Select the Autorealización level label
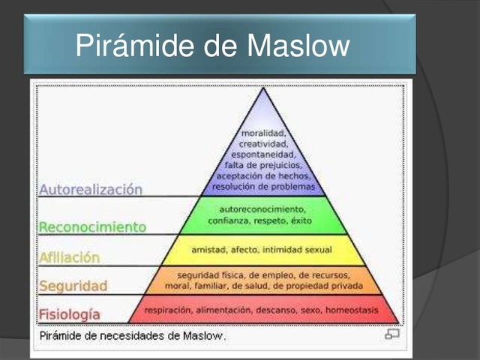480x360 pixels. coord(91,190)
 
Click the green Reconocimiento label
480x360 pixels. coord(92,226)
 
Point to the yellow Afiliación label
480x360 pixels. coord(69,257)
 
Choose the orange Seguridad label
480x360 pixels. coord(73,286)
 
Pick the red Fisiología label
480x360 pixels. coord(69,314)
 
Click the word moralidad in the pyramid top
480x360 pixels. coord(262,133)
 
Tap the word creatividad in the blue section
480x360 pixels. coord(262,143)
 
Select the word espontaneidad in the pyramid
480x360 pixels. coord(262,154)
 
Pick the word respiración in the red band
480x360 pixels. coord(168,309)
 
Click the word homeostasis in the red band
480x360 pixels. coord(352,309)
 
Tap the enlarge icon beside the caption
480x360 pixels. coord(392,334)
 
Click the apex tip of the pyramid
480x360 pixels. coord(262,89)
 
